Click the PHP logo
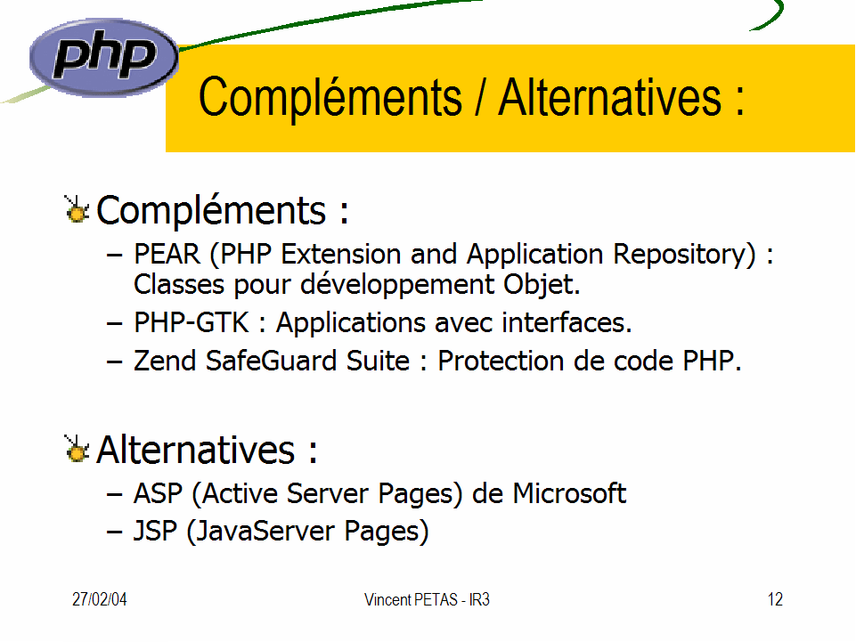103,57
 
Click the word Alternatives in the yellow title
610,97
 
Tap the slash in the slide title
480,97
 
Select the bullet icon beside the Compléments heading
77,209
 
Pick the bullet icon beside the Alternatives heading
77,449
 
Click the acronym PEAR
167,254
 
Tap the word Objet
542,285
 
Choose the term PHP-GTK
192,322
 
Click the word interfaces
567,322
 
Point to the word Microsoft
569,493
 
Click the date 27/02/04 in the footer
100,599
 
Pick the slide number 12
775,599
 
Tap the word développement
397,285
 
